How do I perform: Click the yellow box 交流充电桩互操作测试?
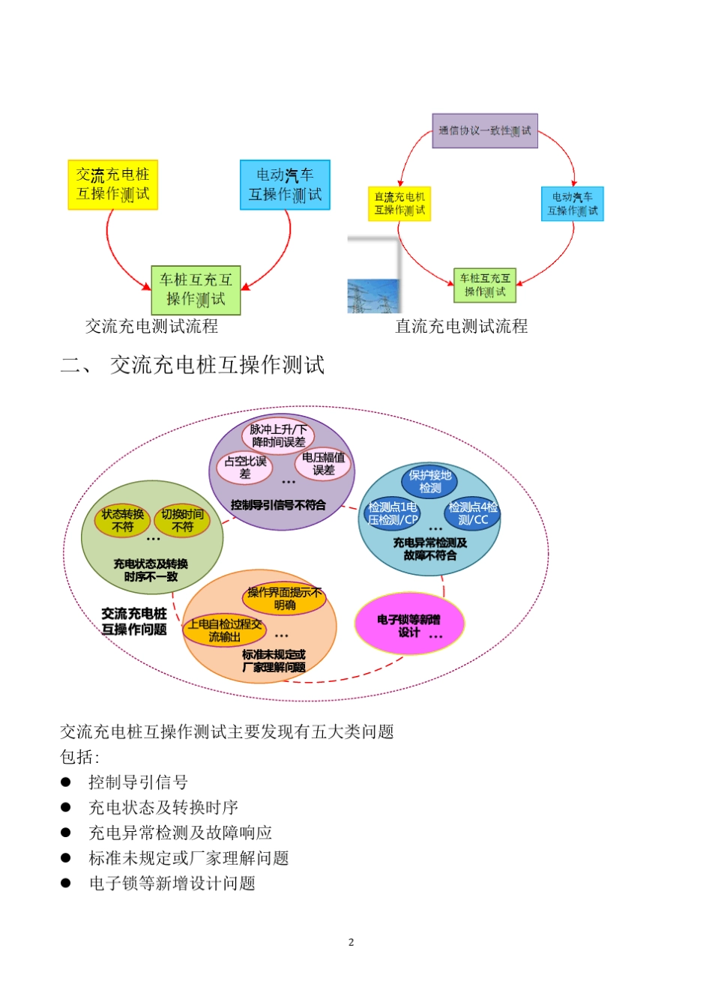click(x=112, y=184)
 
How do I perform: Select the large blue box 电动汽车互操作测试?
click(x=285, y=184)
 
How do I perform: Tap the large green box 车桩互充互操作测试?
click(x=196, y=290)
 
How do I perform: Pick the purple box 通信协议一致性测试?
click(x=485, y=131)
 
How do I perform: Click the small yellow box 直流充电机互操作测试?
click(x=399, y=204)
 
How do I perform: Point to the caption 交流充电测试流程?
click(x=151, y=326)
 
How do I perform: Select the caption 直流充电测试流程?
click(x=462, y=326)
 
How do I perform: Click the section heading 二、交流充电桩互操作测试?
click(x=193, y=365)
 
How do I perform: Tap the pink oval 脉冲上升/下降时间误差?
click(x=278, y=435)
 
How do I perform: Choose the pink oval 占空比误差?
click(x=245, y=467)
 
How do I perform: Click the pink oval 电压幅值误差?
click(x=323, y=464)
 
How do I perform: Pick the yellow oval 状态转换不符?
click(x=122, y=520)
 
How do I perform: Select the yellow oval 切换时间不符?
click(x=182, y=520)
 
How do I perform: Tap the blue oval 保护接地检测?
click(x=429, y=481)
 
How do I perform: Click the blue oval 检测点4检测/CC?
click(x=472, y=513)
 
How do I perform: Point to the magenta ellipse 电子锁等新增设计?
click(x=409, y=625)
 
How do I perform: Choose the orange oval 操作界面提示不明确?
click(x=284, y=598)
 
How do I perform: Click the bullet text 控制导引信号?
click(x=138, y=782)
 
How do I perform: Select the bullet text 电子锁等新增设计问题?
click(x=172, y=884)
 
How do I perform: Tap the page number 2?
click(x=351, y=942)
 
